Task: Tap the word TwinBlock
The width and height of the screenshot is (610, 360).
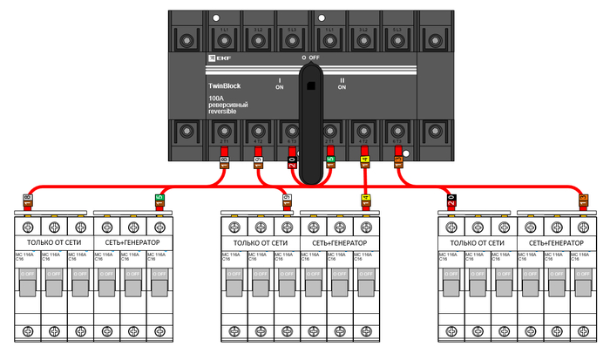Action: click(225, 85)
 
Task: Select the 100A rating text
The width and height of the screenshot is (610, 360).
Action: click(216, 98)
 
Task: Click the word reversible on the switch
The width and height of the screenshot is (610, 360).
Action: click(223, 112)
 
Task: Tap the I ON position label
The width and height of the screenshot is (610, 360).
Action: click(280, 84)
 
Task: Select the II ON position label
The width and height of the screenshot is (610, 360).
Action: click(342, 84)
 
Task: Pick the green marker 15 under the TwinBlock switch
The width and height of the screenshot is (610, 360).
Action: click(331, 160)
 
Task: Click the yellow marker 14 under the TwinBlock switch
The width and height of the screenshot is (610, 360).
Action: click(364, 160)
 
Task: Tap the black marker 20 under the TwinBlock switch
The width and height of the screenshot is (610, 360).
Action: click(293, 160)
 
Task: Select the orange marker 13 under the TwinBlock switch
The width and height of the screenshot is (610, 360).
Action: click(398, 160)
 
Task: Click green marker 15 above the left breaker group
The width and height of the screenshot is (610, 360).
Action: click(159, 200)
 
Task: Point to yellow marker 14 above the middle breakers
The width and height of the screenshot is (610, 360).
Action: click(366, 200)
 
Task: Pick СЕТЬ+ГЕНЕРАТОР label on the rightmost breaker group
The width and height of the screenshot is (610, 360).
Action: click(555, 241)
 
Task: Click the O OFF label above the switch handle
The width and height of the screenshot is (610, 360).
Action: click(311, 57)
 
